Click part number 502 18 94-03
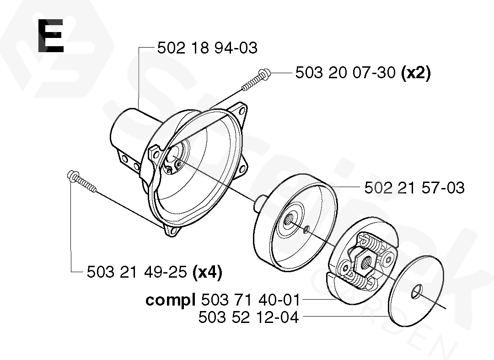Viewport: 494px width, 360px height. pyautogui.click(x=207, y=48)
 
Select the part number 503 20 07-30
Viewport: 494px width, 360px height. pyautogui.click(x=345, y=73)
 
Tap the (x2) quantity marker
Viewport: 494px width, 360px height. pyautogui.click(x=416, y=73)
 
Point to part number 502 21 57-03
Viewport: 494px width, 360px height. pyautogui.click(x=414, y=188)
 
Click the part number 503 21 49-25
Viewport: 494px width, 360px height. pyautogui.click(x=137, y=272)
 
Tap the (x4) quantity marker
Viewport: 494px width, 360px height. pyautogui.click(x=207, y=272)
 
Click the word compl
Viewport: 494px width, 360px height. pyautogui.click(x=170, y=300)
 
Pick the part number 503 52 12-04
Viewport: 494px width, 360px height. pyautogui.click(x=248, y=317)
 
